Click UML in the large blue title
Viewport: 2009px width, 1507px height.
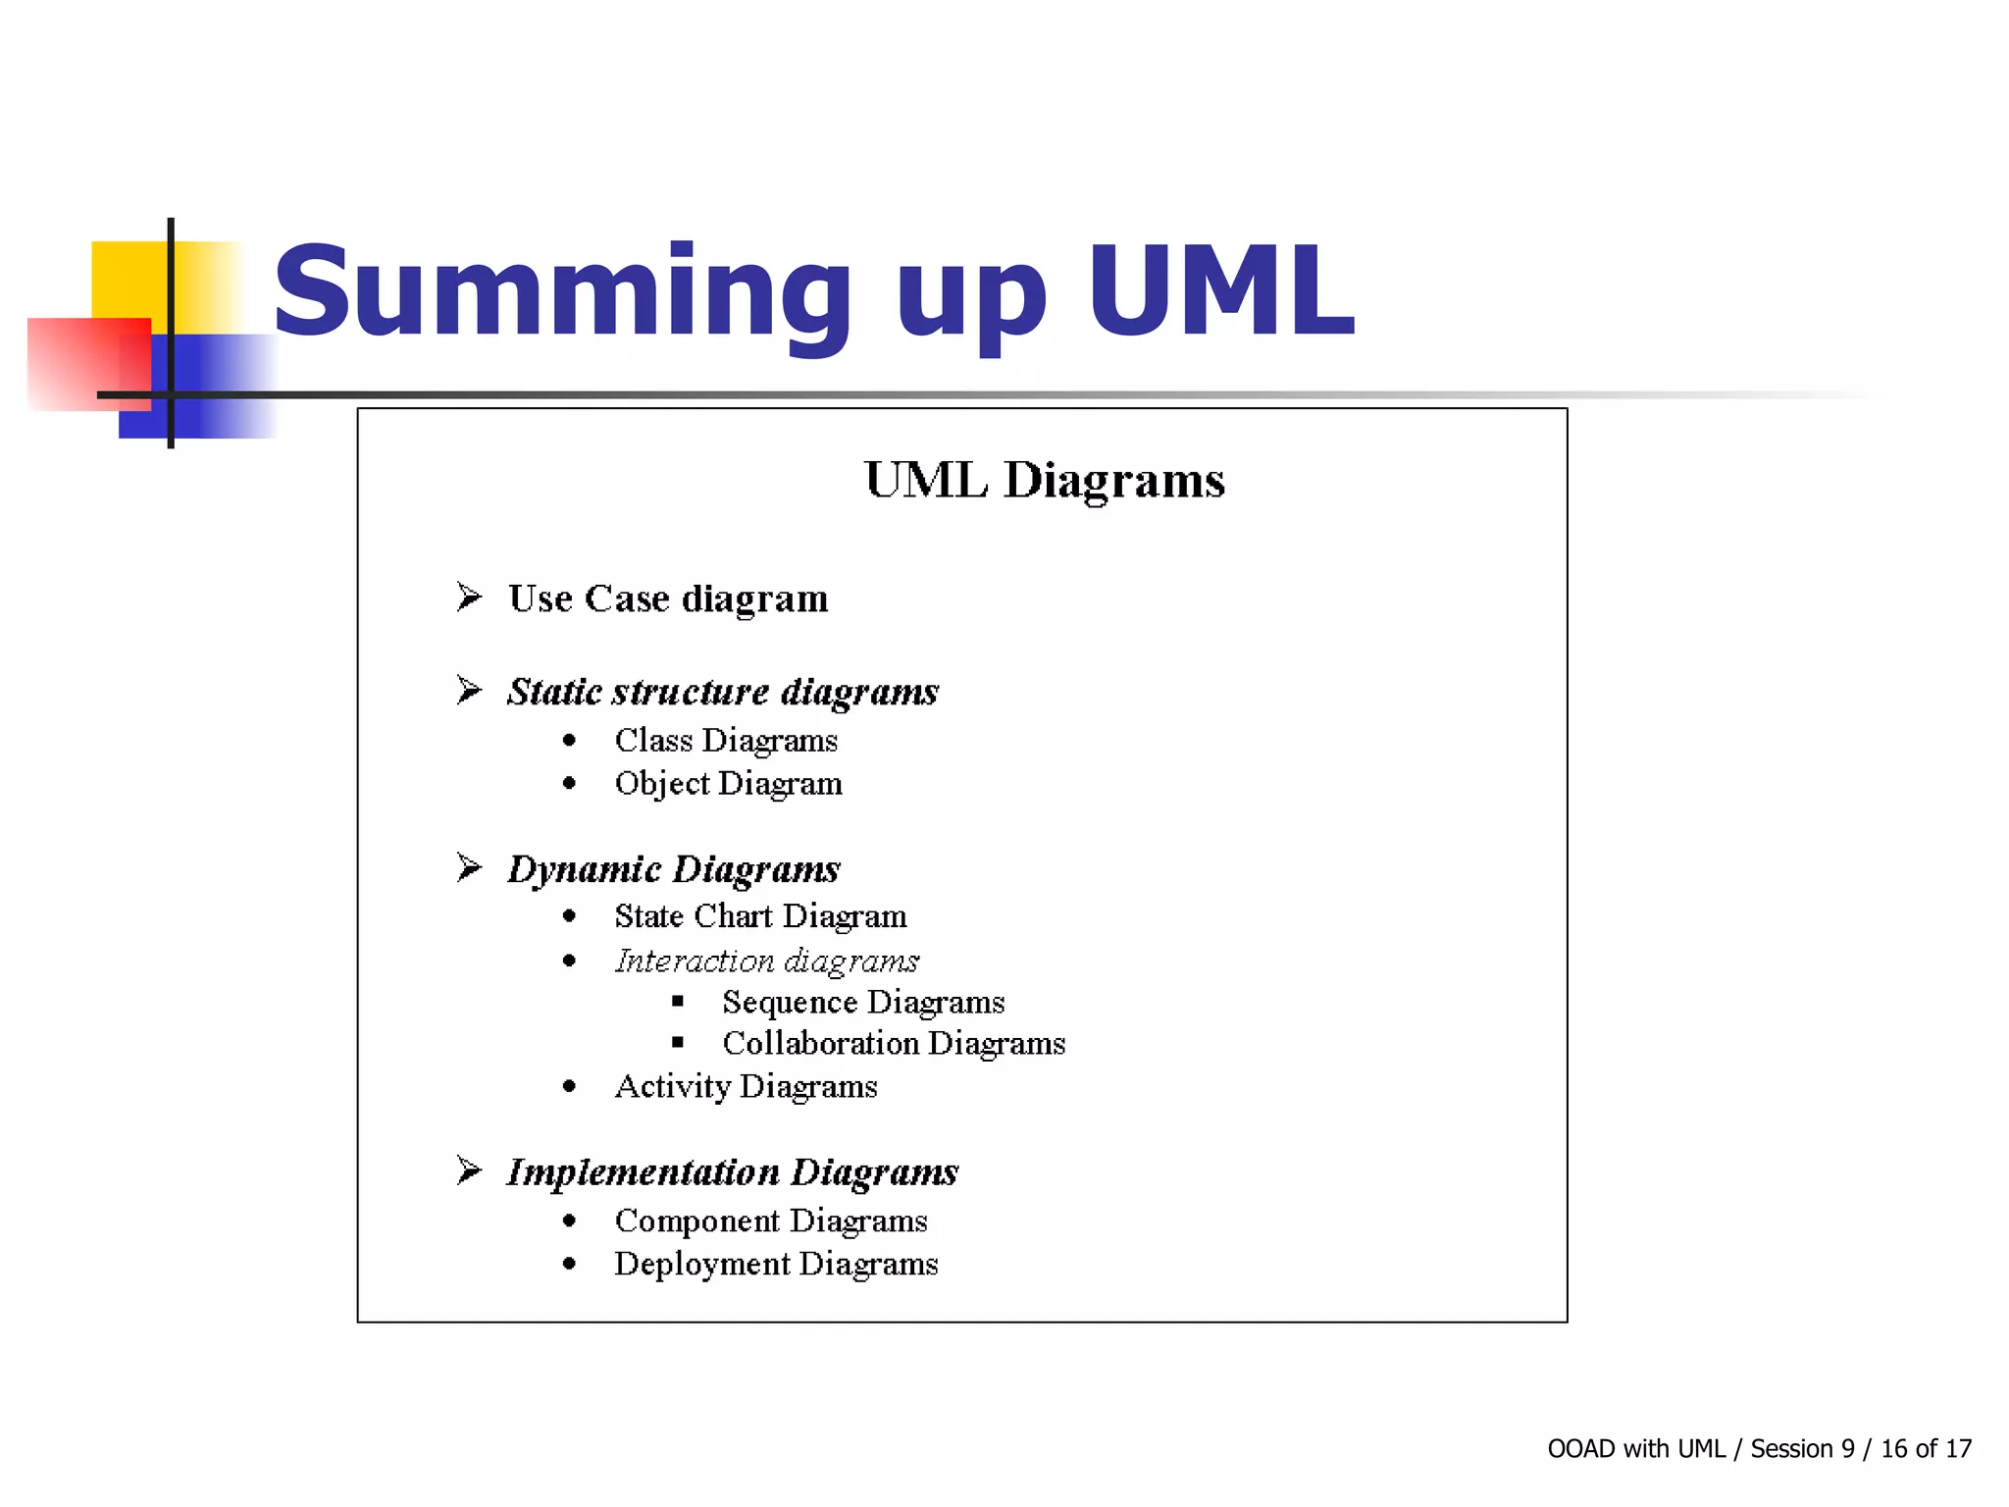coord(1220,292)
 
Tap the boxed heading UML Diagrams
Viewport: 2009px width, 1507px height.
coord(1045,481)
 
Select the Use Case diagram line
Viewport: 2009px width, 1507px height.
coord(668,598)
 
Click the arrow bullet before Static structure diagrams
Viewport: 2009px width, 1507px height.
coord(469,691)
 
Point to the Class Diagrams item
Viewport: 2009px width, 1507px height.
coord(726,741)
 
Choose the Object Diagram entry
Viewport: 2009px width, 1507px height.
coord(728,784)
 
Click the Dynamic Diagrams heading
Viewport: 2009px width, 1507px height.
coord(674,869)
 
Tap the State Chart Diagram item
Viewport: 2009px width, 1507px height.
coord(760,916)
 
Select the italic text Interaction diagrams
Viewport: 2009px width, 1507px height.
coord(766,961)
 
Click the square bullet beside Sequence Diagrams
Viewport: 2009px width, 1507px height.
coord(678,1002)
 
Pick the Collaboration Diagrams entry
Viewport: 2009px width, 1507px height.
coord(894,1044)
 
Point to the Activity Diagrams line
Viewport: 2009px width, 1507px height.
coord(746,1087)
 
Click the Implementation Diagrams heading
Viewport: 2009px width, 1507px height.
coord(732,1172)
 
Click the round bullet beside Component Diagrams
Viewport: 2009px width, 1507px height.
coord(570,1221)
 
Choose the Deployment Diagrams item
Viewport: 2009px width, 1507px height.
coord(776,1265)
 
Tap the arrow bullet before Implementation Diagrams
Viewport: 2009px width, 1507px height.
coord(469,1170)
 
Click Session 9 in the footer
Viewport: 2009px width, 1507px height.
coord(1802,1449)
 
